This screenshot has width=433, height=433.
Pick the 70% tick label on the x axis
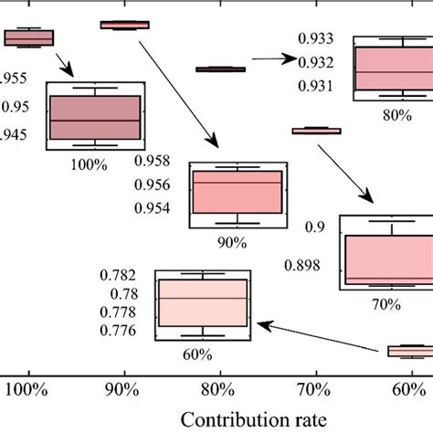316,388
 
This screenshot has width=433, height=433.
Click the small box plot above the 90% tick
124,25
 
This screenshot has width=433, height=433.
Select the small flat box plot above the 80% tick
221,69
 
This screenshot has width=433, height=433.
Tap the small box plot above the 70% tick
316,131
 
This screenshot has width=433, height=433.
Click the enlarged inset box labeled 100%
94,118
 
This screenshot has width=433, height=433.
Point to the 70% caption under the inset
385,304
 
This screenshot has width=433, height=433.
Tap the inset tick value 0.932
316,62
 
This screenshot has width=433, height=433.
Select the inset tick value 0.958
152,161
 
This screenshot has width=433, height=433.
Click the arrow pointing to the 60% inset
320,335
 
